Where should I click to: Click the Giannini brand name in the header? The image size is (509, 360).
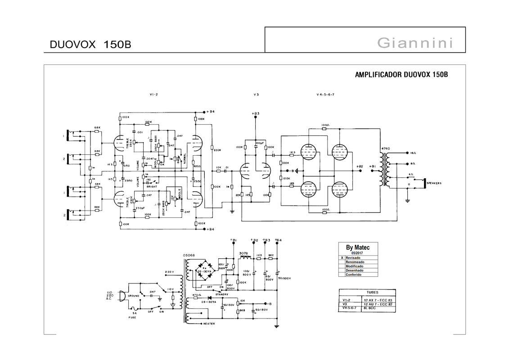pos(414,43)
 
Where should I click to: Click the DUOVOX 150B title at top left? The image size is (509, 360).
pos(90,45)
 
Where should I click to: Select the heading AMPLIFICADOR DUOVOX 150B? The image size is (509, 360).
pos(401,75)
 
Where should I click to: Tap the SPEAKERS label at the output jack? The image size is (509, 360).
pos(434,183)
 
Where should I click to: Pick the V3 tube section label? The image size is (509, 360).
pos(256,95)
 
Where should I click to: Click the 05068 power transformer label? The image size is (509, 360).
pos(189,255)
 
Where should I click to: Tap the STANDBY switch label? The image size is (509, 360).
pos(221,294)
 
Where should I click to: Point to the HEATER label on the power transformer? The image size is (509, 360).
pos(209,324)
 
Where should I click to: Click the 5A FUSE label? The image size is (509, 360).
pos(134,315)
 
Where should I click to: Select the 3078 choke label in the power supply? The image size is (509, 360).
pos(243,253)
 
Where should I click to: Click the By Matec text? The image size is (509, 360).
pos(358,247)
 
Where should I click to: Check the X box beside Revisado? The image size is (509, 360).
pos(342,258)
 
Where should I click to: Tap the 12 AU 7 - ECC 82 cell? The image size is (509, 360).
pos(378,304)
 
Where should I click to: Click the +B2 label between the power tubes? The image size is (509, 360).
pos(359,166)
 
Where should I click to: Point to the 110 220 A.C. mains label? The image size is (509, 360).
pos(109,295)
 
